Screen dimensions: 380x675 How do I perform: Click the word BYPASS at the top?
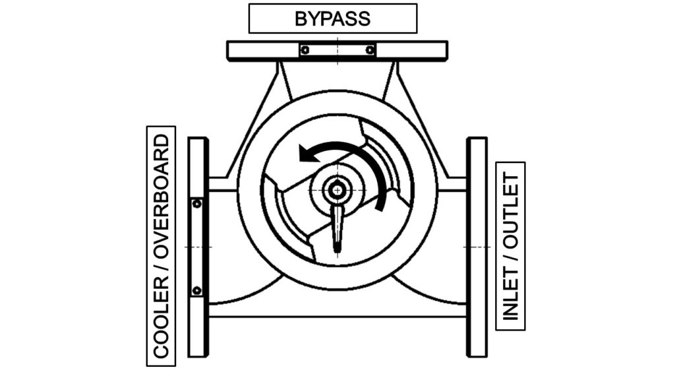332,18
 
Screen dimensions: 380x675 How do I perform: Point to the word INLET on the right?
510,292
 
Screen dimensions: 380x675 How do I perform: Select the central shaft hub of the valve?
337,190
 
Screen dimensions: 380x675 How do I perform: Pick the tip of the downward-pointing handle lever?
337,248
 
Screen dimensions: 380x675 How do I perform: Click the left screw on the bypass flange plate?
305,49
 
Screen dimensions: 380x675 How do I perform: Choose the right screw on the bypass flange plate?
370,49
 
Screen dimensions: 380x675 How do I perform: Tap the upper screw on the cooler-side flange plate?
196,204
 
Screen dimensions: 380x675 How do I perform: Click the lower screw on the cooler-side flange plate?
196,290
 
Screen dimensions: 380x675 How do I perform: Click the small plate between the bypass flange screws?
337,49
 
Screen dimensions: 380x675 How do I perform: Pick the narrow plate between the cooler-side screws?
196,247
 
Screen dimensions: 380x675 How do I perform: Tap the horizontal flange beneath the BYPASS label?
264,50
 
